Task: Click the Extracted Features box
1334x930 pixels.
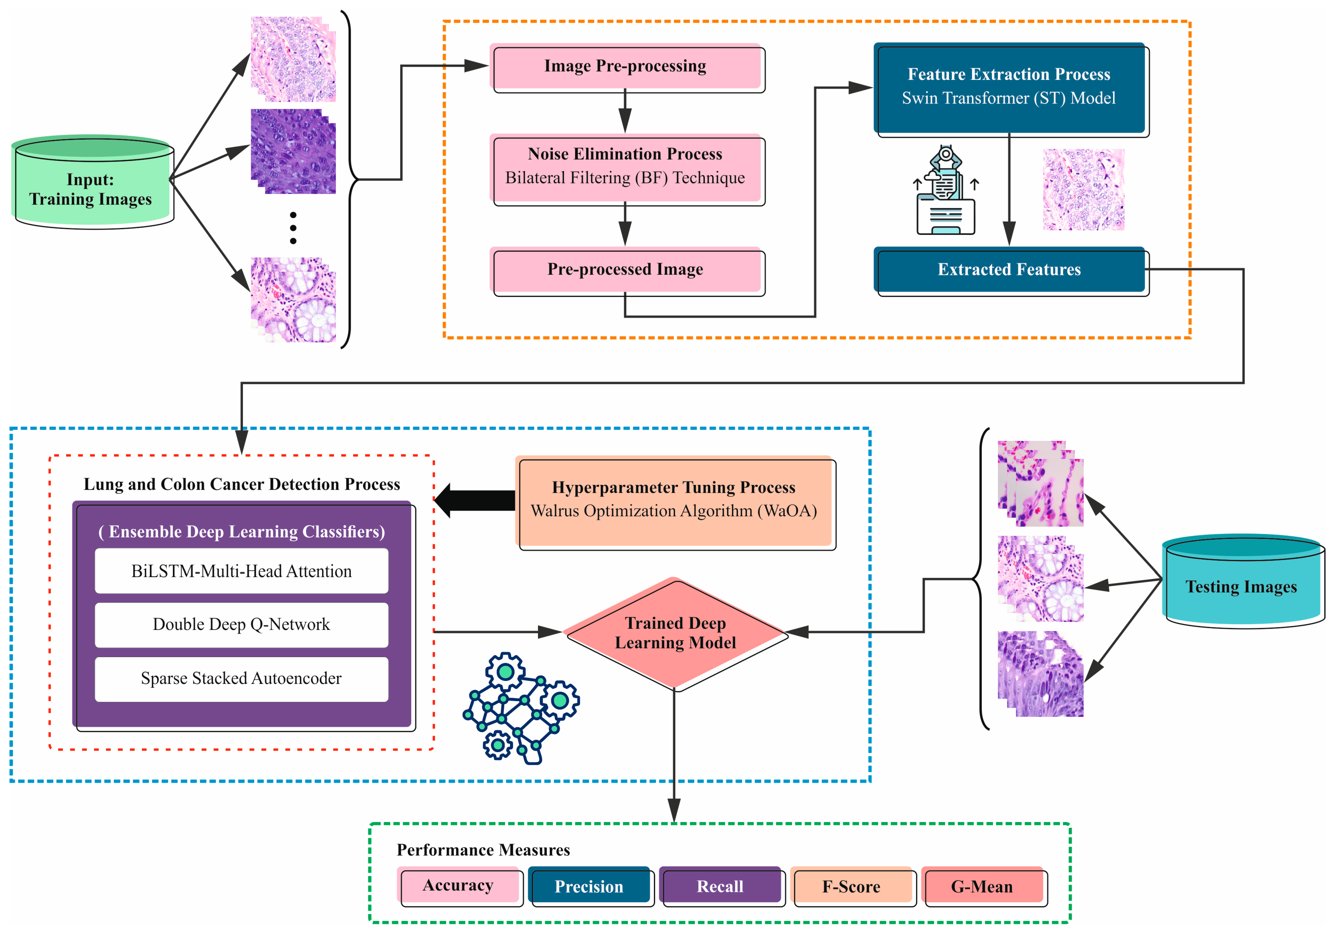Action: (1010, 270)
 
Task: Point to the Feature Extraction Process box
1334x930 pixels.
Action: (1010, 87)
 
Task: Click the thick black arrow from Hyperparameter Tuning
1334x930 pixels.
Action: (475, 500)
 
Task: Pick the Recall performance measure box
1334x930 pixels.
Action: (721, 886)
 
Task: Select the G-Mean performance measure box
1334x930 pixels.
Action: (982, 886)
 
